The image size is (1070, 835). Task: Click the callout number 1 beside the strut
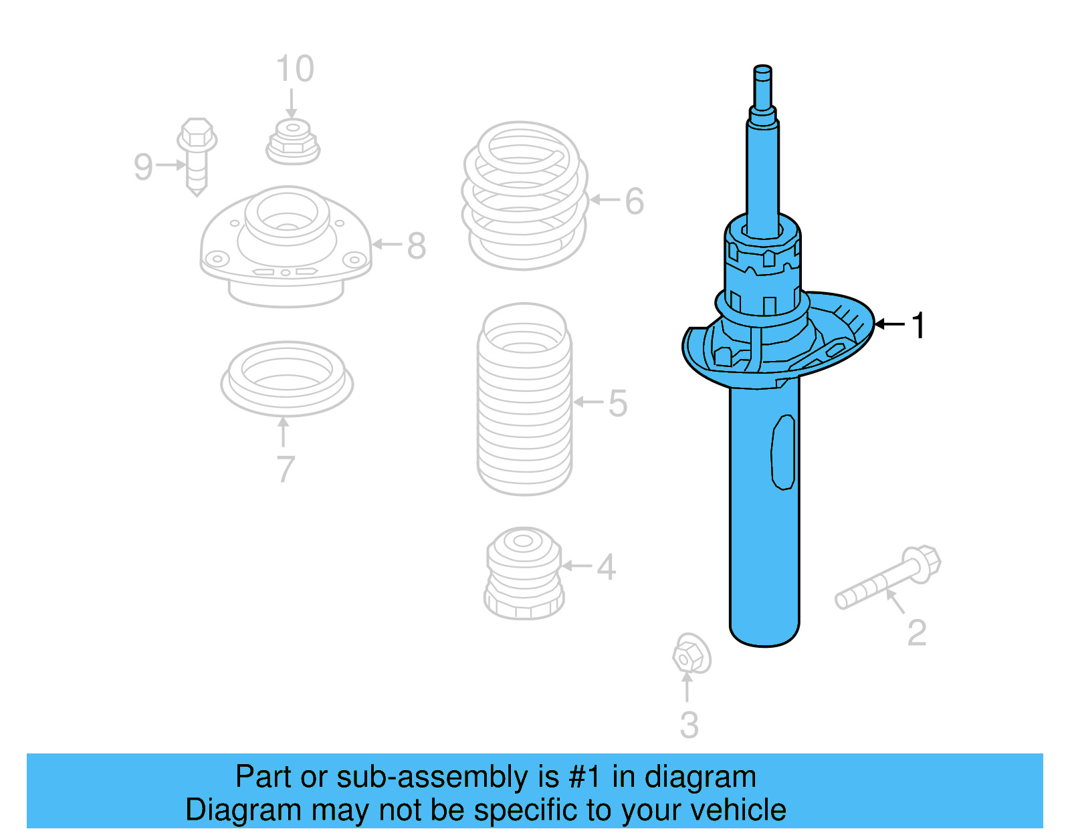[919, 326]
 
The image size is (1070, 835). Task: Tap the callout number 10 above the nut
[295, 70]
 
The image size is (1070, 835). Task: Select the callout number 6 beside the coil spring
[634, 201]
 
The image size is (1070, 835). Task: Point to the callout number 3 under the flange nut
[689, 725]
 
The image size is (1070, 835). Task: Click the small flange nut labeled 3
[690, 654]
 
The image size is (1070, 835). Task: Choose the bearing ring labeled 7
[287, 378]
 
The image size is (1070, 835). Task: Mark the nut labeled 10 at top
[292, 141]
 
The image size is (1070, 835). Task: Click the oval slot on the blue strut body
[783, 453]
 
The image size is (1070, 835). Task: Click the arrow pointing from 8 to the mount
[387, 245]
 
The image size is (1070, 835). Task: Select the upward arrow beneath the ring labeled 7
[284, 432]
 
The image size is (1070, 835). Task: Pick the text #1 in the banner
[584, 778]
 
